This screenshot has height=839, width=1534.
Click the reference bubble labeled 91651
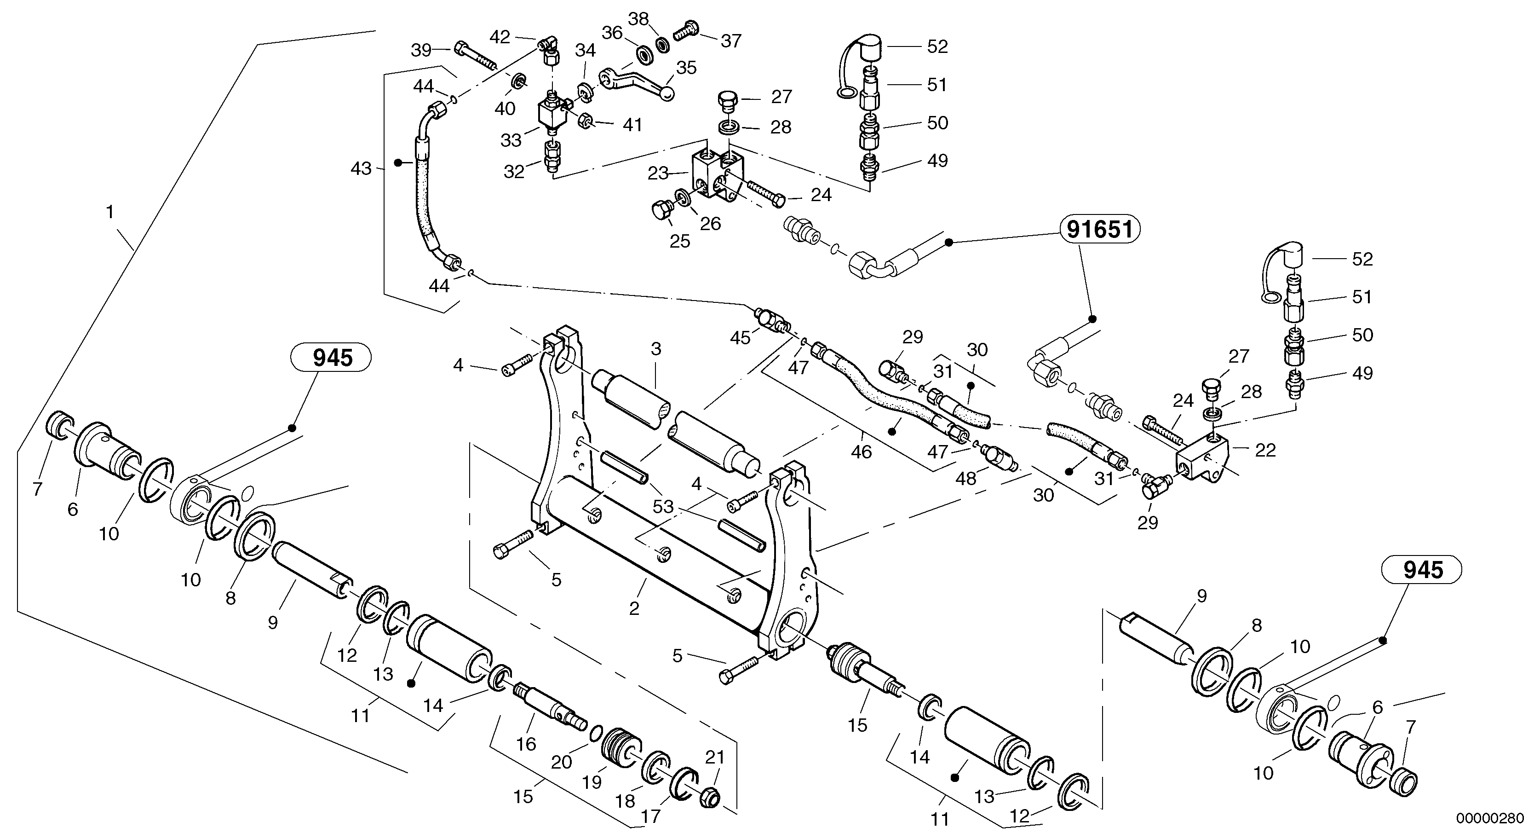point(1099,229)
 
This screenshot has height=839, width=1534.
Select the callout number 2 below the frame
point(634,608)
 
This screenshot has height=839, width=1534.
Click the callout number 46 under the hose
point(861,451)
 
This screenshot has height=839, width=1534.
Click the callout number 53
point(663,507)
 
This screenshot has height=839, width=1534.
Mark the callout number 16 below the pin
point(526,744)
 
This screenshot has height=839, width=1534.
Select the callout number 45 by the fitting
point(741,338)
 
